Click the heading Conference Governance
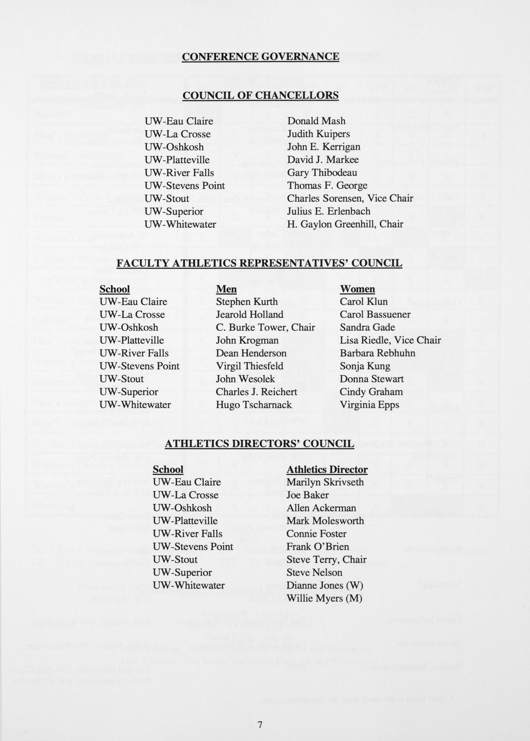point(260,57)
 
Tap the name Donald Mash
point(316,121)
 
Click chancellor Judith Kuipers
point(318,134)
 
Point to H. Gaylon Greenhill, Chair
point(345,224)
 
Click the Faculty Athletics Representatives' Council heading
point(259,263)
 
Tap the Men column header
point(226,289)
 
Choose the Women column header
point(357,289)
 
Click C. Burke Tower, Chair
point(265,327)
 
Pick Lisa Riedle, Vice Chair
point(390,340)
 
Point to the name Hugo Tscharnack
point(254,405)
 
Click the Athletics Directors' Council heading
point(259,444)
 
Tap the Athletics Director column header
point(327,469)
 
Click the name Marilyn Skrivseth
point(325,482)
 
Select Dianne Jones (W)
point(325,585)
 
